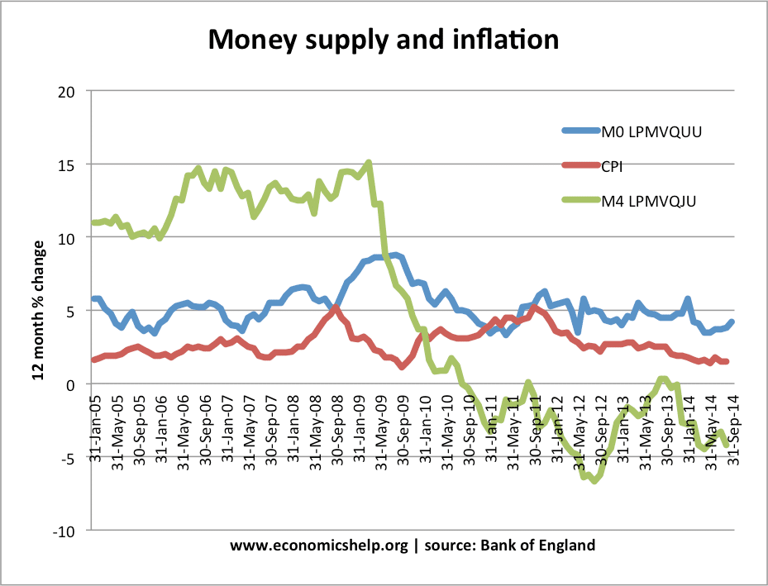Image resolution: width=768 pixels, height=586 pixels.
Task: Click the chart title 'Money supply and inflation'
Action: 383,39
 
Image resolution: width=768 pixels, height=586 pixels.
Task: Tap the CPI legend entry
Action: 611,165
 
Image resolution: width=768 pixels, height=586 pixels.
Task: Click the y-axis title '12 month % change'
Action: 38,310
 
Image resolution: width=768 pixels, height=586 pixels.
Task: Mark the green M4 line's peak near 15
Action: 369,163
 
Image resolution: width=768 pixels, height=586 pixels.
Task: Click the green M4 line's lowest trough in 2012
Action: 594,480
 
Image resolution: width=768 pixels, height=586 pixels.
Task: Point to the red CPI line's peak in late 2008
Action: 335,308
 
